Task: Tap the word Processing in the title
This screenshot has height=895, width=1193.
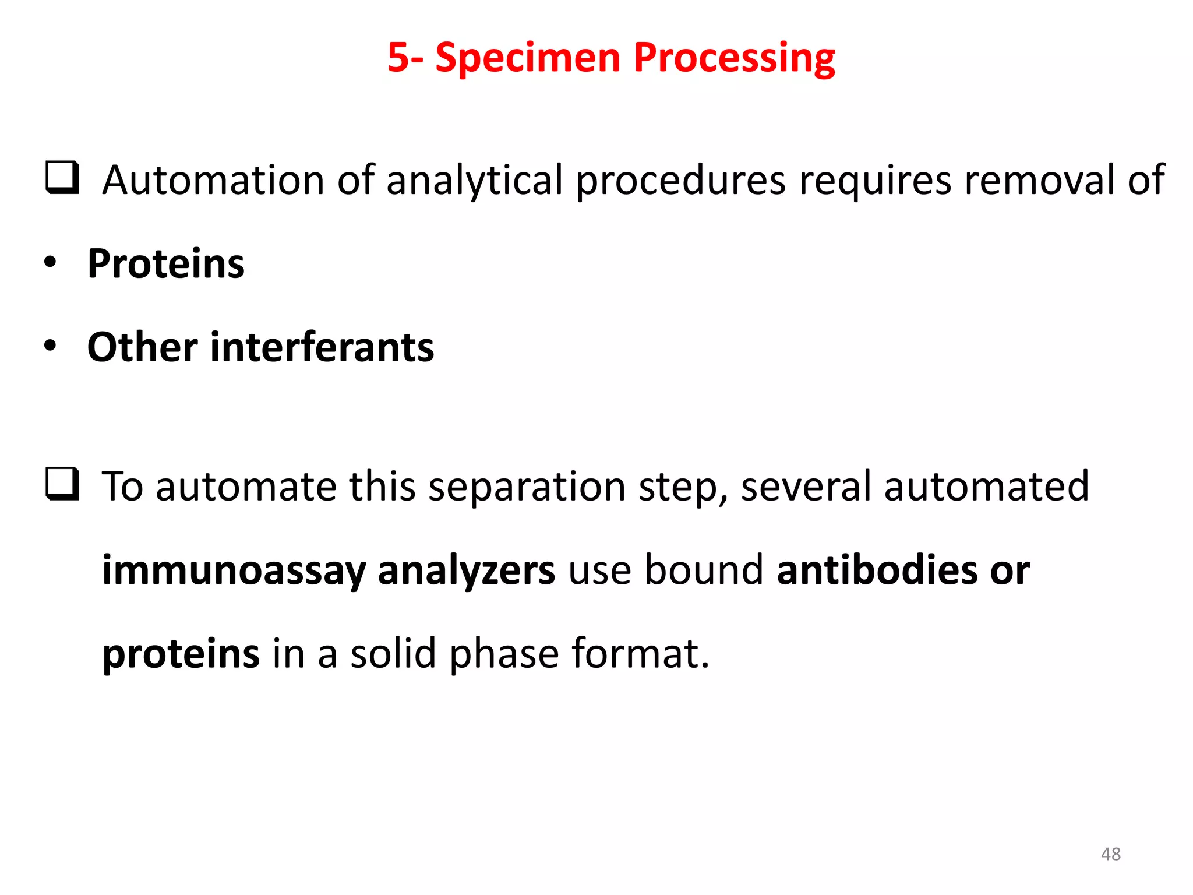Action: point(734,58)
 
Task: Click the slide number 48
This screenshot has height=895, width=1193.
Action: point(1110,854)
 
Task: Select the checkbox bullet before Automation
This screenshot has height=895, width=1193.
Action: point(62,178)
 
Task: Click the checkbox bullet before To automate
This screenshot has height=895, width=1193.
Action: point(62,484)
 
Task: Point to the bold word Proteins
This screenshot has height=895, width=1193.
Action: point(166,264)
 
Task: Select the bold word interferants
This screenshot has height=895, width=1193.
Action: point(322,347)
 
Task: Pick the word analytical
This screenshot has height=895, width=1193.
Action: point(475,181)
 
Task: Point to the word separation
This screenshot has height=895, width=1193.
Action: point(527,487)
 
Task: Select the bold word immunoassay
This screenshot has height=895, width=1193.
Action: point(234,571)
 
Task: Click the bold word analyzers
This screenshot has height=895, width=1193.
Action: point(466,571)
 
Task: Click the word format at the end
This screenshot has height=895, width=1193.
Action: point(640,654)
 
